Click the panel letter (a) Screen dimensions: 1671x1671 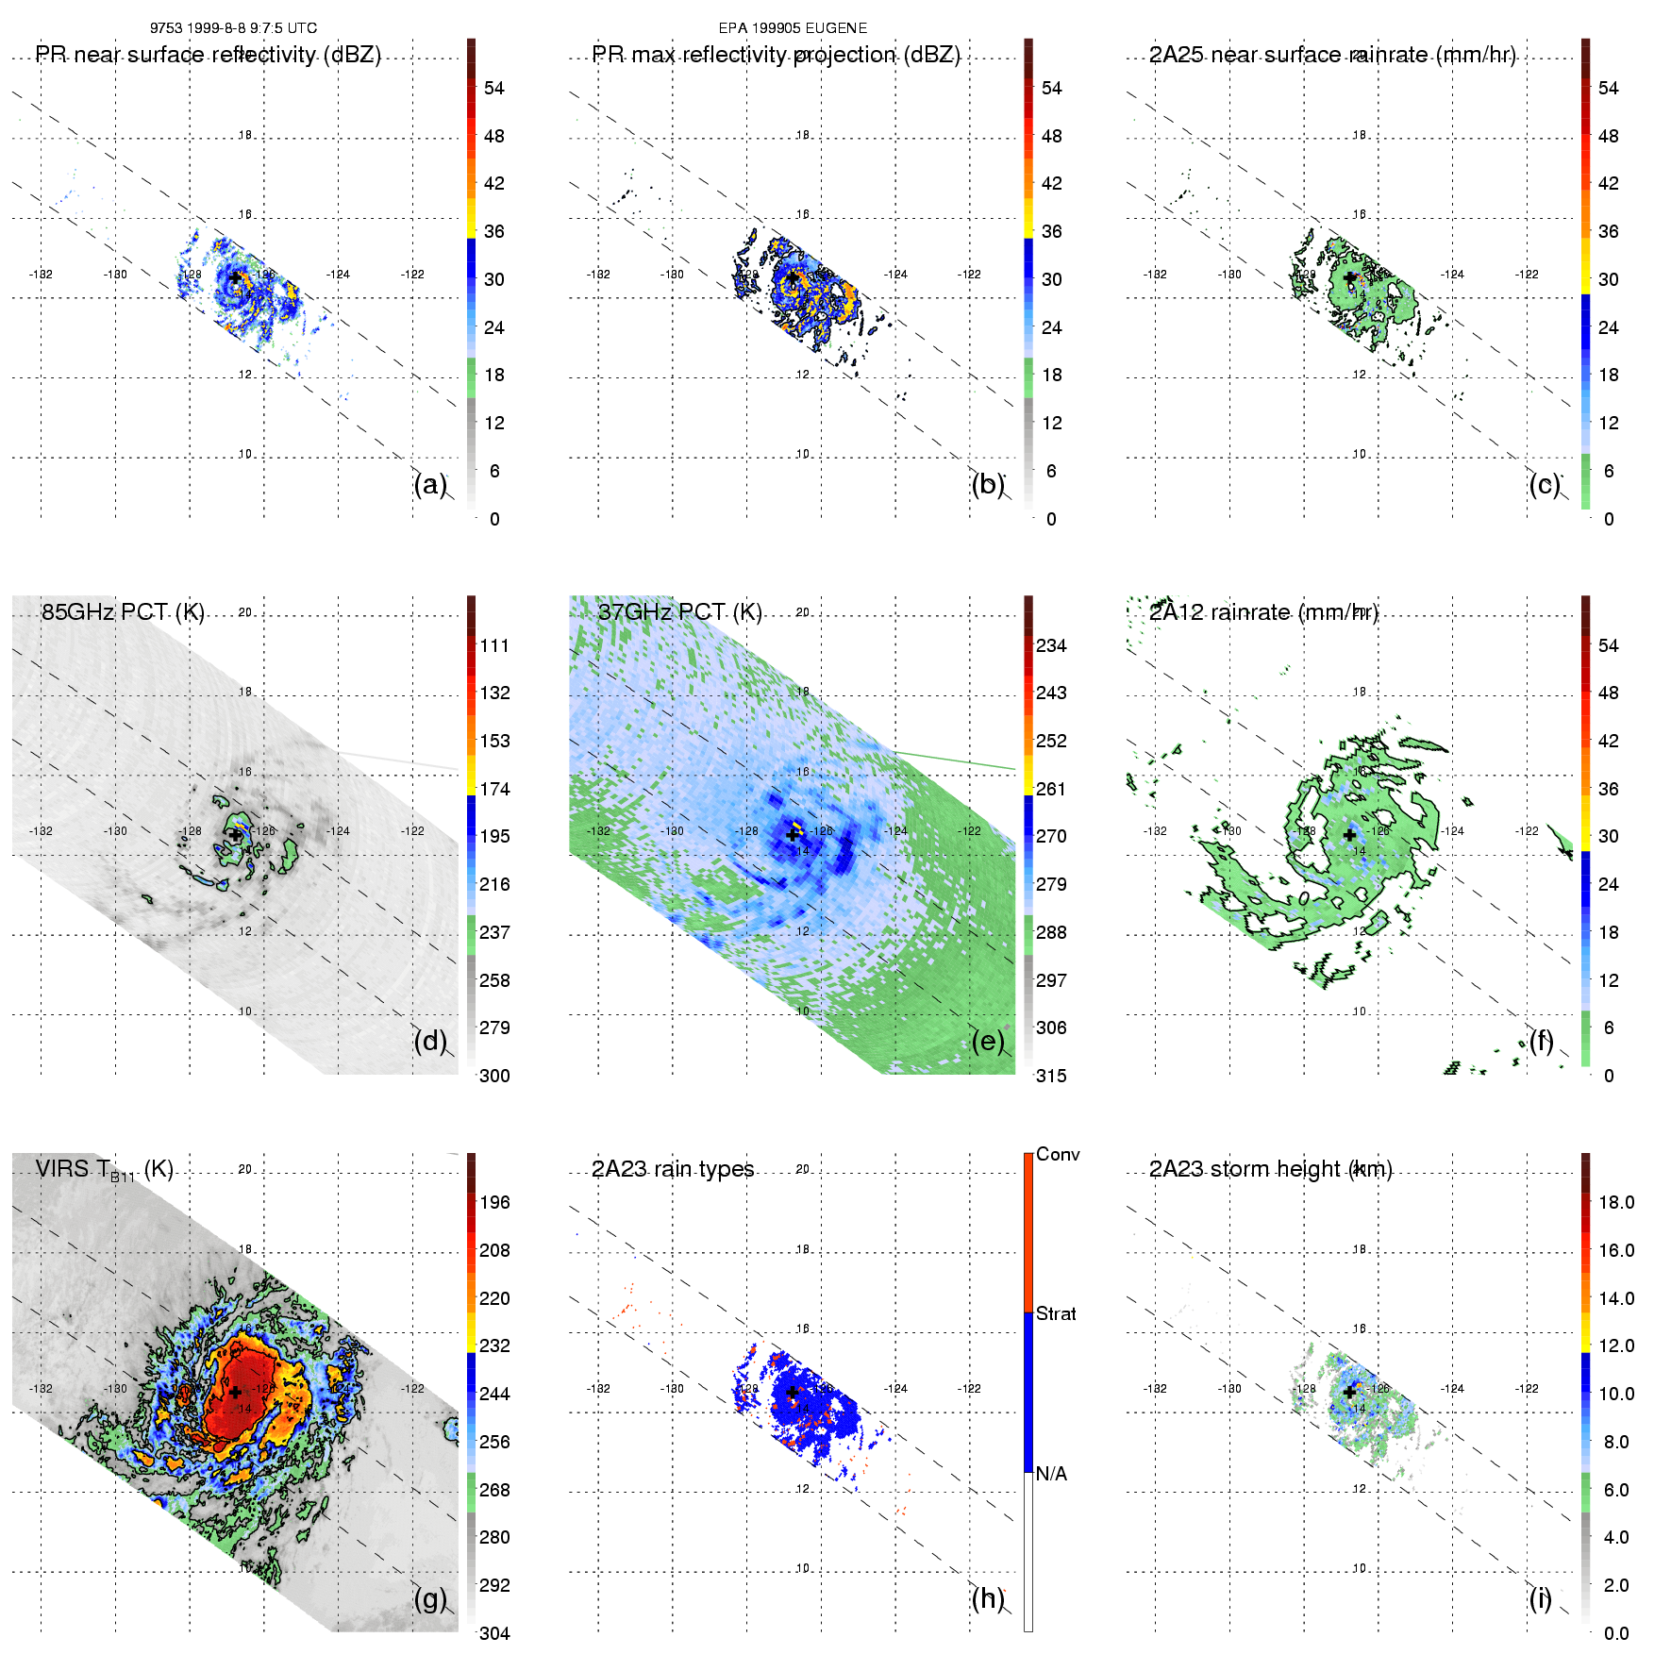429,485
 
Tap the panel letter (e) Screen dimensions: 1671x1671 987,1042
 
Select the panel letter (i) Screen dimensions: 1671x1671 1540,1599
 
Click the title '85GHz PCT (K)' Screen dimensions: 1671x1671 123,612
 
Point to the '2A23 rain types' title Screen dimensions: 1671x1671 673,1169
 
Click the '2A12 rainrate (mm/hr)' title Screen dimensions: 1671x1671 1263,612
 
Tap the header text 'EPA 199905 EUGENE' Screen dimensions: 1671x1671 793,28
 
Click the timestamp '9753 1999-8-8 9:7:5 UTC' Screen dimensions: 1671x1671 233,28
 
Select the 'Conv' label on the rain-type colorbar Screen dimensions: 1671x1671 1058,1154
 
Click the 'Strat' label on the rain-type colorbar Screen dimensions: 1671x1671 1056,1313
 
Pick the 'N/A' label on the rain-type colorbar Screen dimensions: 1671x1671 1051,1474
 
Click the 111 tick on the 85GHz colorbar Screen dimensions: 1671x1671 494,645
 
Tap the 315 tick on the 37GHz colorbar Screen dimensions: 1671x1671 1051,1076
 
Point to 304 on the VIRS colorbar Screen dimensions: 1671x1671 494,1633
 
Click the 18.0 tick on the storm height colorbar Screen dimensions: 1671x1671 1616,1202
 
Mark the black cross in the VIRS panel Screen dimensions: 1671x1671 235,1392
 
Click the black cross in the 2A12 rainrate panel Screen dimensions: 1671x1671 1349,835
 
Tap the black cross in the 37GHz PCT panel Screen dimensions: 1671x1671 793,835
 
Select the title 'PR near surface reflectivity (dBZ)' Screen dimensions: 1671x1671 209,55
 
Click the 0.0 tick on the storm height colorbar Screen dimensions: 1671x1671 1616,1633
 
